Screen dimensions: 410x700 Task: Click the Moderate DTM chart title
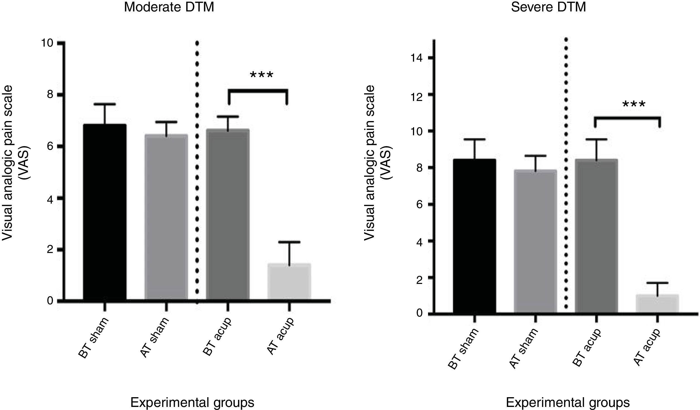point(169,7)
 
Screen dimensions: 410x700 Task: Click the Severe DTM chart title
point(548,7)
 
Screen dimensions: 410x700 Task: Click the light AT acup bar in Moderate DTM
point(289,282)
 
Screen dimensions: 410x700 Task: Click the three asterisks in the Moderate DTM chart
point(262,75)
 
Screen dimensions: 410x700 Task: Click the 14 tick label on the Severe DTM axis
point(416,58)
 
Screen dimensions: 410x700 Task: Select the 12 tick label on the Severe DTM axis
point(416,95)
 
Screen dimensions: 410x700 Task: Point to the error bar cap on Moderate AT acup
point(289,242)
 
